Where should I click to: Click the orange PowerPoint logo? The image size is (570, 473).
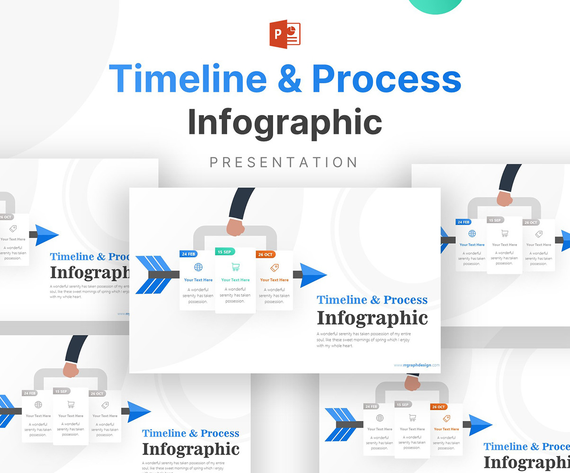pyautogui.click(x=285, y=34)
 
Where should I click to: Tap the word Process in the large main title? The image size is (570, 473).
pyautogui.click(x=386, y=79)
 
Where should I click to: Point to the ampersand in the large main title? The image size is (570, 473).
pyautogui.click(x=290, y=79)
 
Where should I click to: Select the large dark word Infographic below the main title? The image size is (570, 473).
pyautogui.click(x=285, y=122)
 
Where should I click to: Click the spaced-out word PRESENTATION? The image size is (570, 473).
pyautogui.click(x=284, y=162)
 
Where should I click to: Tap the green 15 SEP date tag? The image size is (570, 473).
pyautogui.click(x=225, y=252)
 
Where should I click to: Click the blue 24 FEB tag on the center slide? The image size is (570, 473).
pyautogui.click(x=188, y=254)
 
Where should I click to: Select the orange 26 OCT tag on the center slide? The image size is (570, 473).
pyautogui.click(x=265, y=254)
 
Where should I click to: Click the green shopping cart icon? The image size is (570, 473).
pyautogui.click(x=235, y=267)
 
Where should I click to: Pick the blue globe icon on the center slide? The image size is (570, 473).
pyautogui.click(x=198, y=267)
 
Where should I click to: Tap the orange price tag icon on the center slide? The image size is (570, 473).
pyautogui.click(x=274, y=268)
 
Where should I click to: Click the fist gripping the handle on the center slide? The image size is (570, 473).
pyautogui.click(x=235, y=227)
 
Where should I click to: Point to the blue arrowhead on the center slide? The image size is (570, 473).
pyautogui.click(x=313, y=275)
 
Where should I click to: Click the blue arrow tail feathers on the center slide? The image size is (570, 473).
pyautogui.click(x=152, y=275)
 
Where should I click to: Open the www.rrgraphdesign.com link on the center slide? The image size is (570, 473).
pyautogui.click(x=416, y=365)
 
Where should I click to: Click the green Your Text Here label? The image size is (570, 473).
pyautogui.click(x=235, y=280)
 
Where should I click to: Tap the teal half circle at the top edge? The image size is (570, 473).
pyautogui.click(x=436, y=6)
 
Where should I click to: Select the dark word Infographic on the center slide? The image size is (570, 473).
pyautogui.click(x=372, y=318)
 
